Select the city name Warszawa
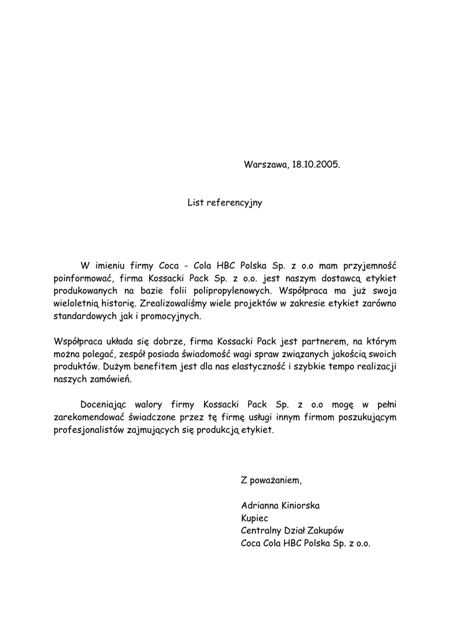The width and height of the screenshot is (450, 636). point(265,165)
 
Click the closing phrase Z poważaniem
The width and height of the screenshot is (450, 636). point(271,480)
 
